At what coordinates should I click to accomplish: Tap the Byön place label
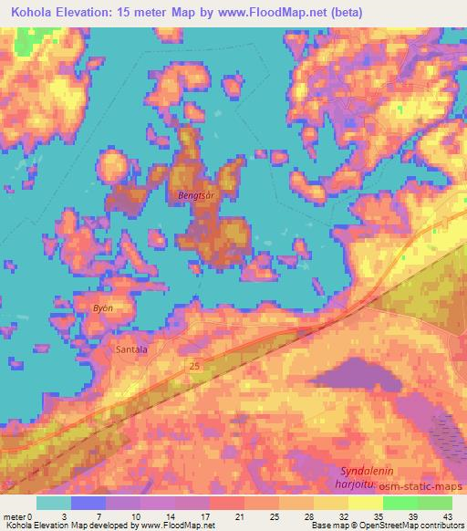coord(102,308)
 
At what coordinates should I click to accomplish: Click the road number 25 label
coord(194,366)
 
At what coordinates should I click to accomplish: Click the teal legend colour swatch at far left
coord(54,503)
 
